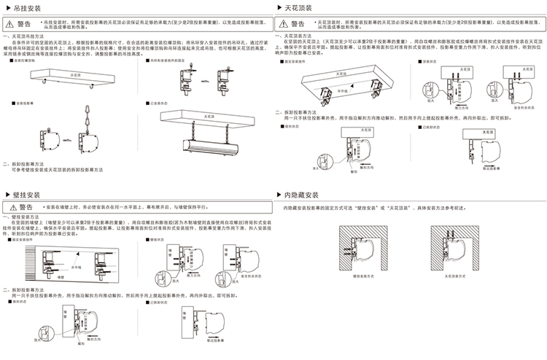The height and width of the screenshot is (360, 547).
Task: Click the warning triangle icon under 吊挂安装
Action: coord(11,24)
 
